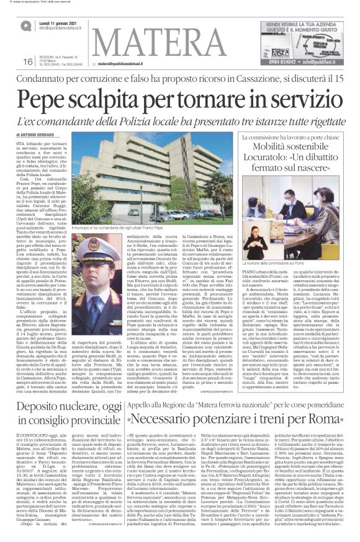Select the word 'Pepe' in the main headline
click(x=50, y=98)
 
